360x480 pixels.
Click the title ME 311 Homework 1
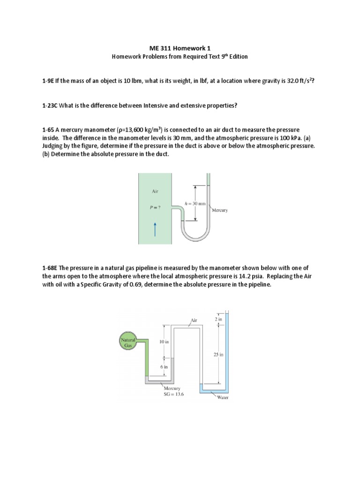pos(180,48)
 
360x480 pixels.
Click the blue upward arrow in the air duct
pos(155,230)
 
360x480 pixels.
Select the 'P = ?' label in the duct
pos(155,208)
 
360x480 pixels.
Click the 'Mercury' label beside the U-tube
pos(220,210)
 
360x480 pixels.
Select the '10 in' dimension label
pos(164,342)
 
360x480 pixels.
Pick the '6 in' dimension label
pos(164,367)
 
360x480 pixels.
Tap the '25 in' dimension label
pos(218,355)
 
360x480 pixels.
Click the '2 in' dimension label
pos(218,319)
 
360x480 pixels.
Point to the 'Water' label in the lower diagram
pos(223,397)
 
